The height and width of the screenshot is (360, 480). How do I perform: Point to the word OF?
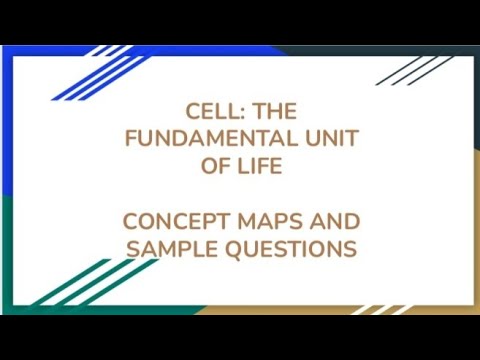click(x=212, y=166)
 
